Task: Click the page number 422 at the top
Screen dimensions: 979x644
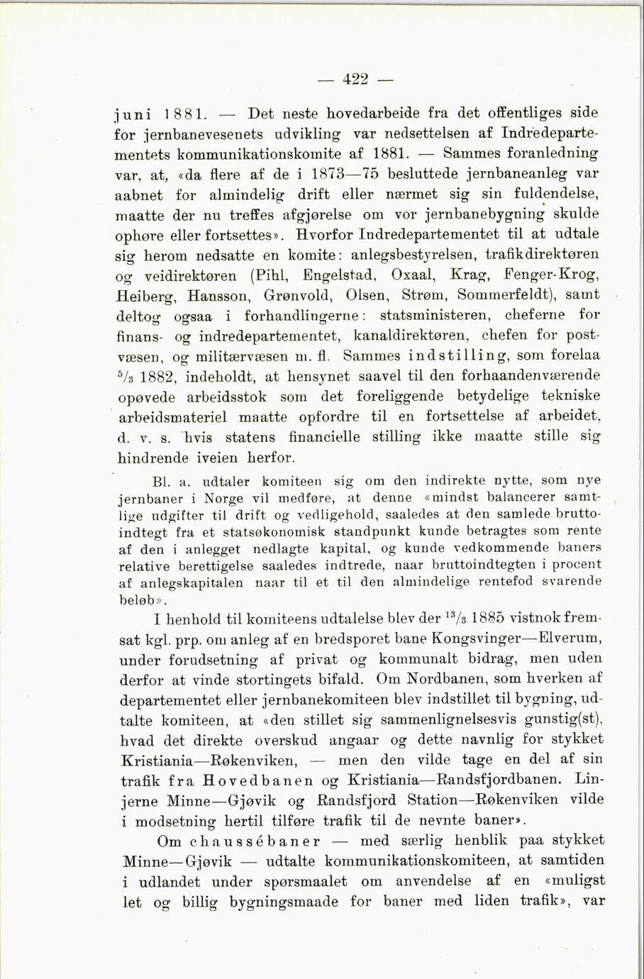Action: pyautogui.click(x=355, y=79)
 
